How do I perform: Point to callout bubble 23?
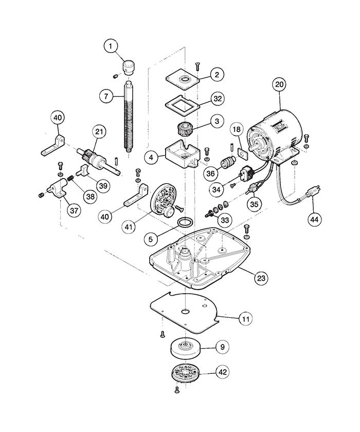[262, 278]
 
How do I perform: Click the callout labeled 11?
[246, 318]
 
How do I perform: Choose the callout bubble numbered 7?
[105, 96]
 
